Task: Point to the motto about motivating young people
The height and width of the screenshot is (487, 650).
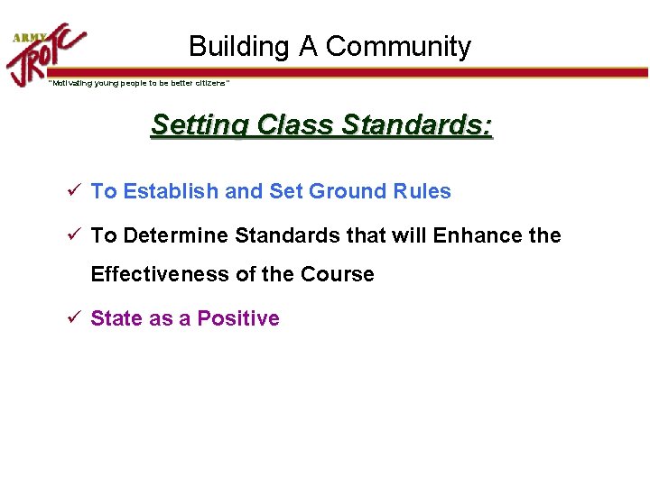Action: point(139,83)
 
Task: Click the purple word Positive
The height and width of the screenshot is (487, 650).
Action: point(238,318)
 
